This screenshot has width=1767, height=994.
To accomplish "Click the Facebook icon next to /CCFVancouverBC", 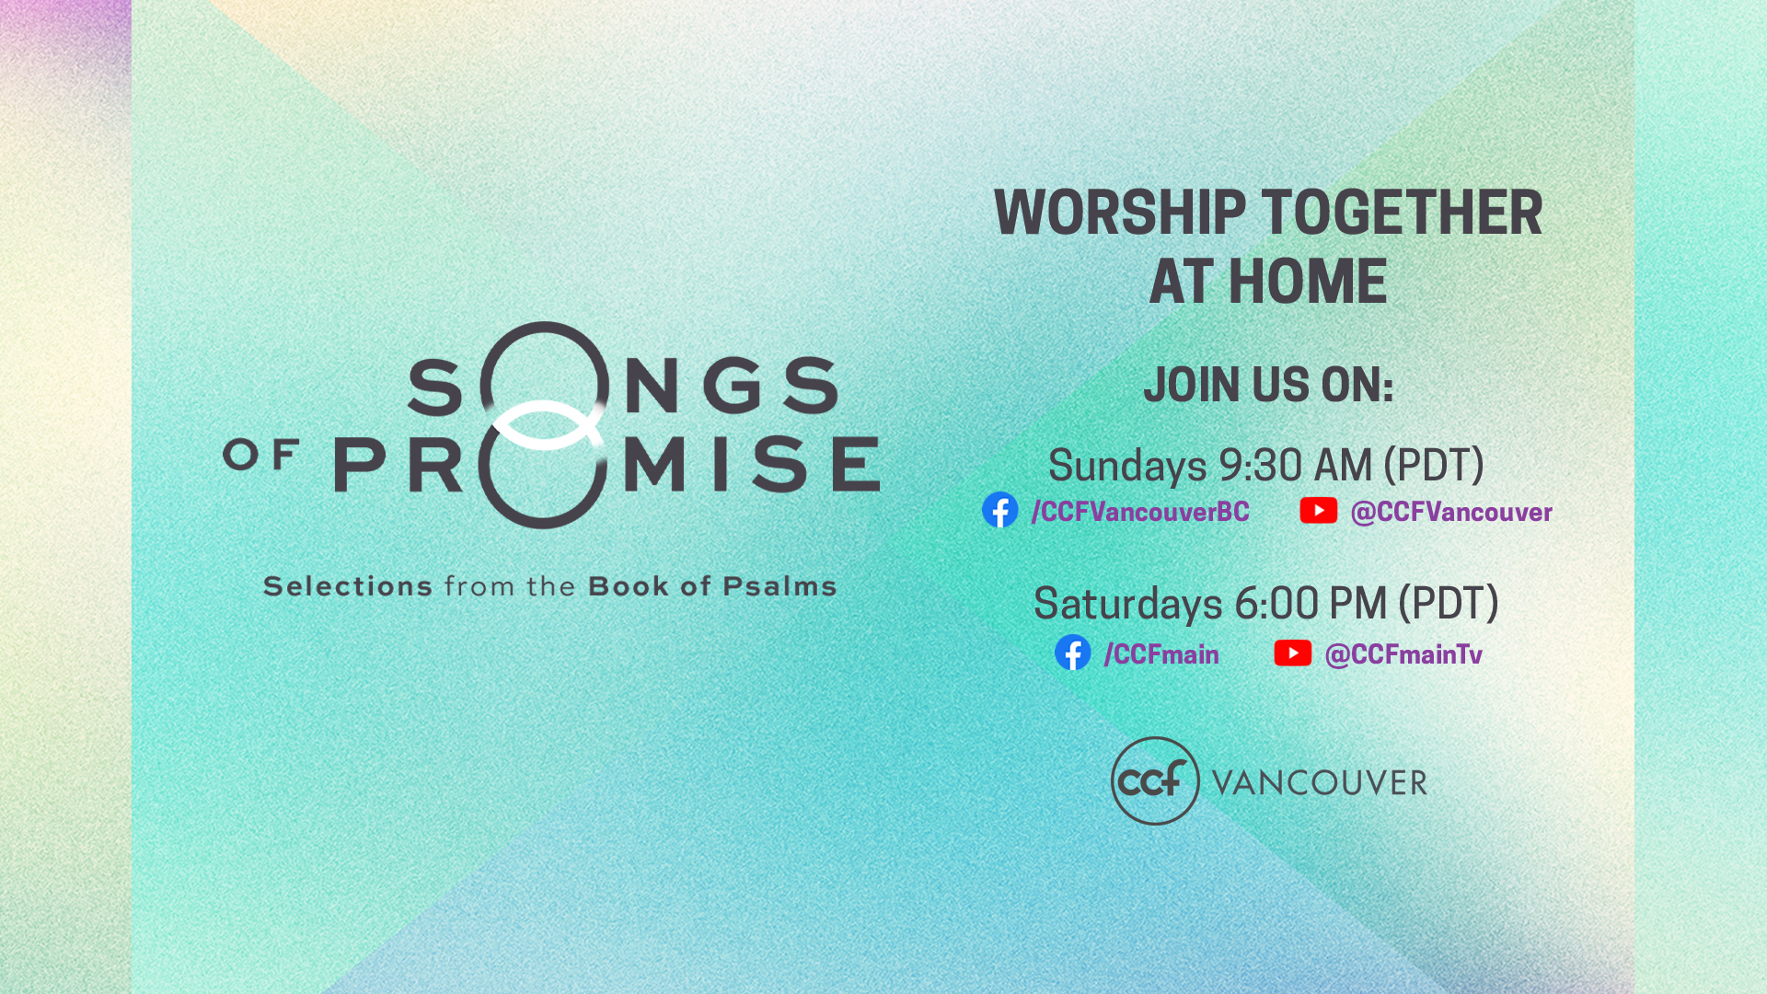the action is coord(999,510).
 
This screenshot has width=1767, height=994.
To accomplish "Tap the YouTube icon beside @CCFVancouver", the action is coord(1318,510).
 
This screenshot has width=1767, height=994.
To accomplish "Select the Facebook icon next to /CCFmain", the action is coord(1072,653).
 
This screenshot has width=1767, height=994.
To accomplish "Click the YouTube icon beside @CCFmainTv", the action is coord(1292,653).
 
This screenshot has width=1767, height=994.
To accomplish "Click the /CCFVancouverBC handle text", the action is coord(1140,512).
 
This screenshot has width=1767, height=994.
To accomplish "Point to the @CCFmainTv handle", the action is coord(1403,654).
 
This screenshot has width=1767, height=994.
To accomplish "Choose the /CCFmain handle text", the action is coord(1161,654).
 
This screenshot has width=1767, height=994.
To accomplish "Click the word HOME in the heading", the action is coord(1308,282).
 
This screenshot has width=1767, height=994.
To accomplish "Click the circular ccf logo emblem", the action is coord(1155,780).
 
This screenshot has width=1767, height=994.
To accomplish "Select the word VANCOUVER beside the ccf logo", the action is coord(1320,783).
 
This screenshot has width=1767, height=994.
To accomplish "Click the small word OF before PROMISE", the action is coord(261,454).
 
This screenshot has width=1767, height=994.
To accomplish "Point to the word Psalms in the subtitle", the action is coord(780,586).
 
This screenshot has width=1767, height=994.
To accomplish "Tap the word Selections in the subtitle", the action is coord(348,586).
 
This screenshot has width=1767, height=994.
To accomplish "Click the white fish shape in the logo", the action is coord(545,425).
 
